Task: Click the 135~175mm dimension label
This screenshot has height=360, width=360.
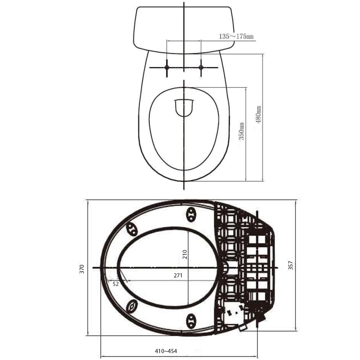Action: [236, 36]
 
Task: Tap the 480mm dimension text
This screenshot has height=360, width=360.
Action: [258, 115]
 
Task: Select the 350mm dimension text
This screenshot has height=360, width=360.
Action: [241, 132]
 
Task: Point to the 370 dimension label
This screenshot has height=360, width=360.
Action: [82, 269]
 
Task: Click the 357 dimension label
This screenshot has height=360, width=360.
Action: [291, 265]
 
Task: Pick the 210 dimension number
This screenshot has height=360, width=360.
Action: [185, 254]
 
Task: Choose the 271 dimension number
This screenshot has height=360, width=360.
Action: [178, 276]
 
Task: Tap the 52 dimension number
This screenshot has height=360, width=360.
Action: [116, 284]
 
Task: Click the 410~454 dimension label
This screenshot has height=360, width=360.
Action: [166, 351]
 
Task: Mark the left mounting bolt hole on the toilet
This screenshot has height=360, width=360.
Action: [167, 68]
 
